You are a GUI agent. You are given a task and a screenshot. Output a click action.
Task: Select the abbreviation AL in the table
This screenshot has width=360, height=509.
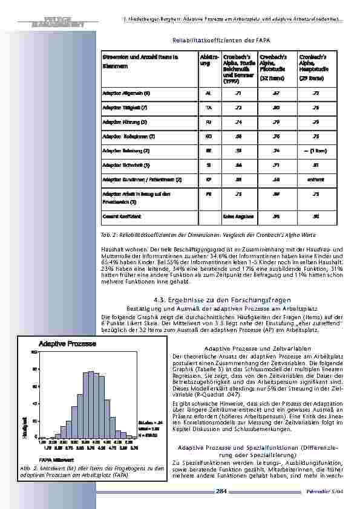(208, 94)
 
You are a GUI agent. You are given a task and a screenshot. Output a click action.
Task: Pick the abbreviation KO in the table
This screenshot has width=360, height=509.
(208, 137)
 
